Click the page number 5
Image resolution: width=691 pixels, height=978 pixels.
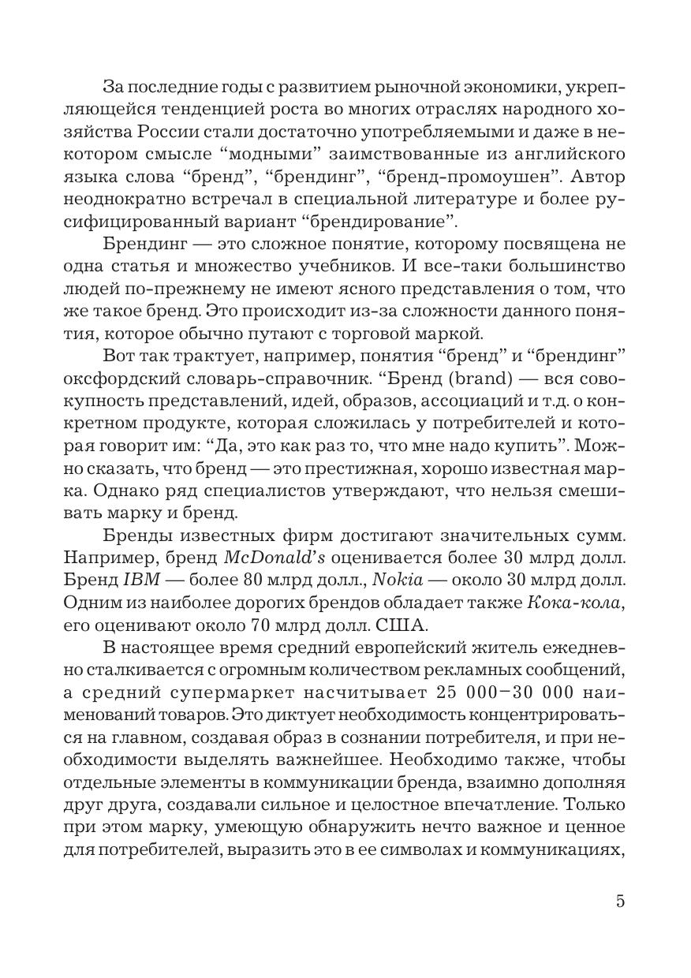620,901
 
